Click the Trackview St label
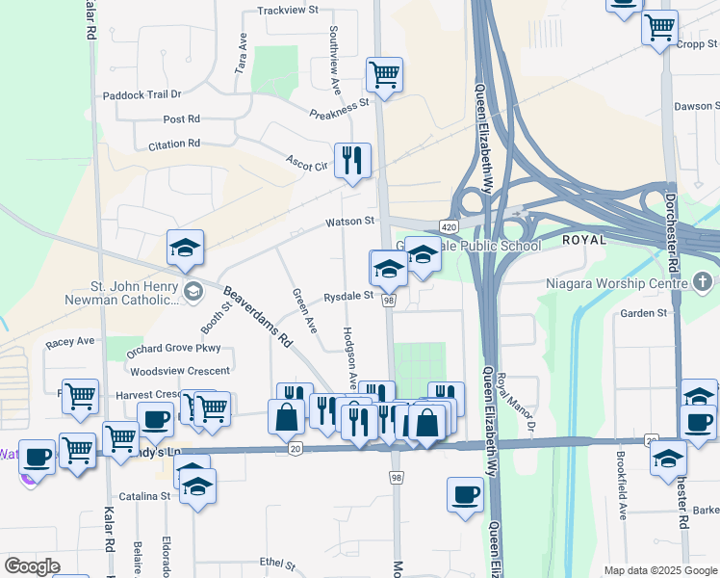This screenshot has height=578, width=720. (x=287, y=11)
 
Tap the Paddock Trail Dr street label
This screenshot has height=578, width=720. (x=142, y=94)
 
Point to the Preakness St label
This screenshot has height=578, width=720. (x=340, y=108)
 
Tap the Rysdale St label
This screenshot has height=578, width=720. (x=347, y=297)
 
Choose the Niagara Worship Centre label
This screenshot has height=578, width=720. (x=613, y=283)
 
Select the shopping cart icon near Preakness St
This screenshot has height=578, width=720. (x=384, y=74)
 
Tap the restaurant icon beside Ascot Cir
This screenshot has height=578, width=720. (x=352, y=160)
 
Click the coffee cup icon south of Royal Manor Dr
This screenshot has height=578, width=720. (x=466, y=494)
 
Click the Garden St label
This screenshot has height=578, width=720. (x=643, y=314)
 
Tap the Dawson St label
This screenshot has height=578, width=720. (x=696, y=106)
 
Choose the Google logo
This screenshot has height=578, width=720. (x=33, y=566)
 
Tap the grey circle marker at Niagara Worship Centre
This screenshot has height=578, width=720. (x=703, y=282)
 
